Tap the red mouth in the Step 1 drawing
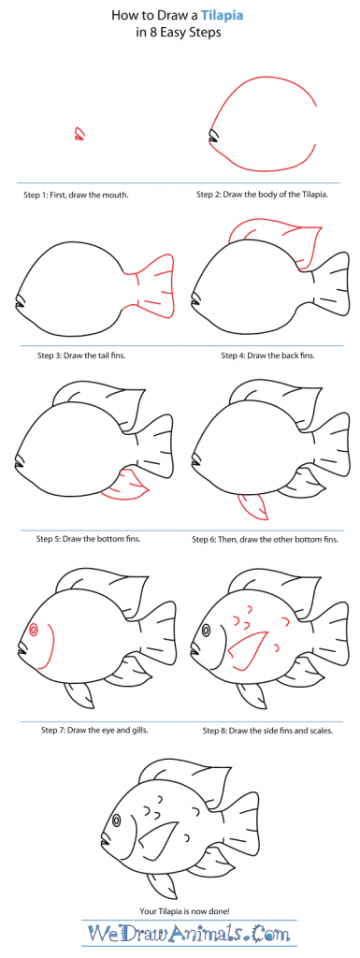click(79, 135)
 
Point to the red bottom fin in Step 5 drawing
click(125, 485)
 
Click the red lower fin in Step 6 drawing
click(252, 505)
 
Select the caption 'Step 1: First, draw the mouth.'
click(77, 196)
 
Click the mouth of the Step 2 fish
click(213, 138)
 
